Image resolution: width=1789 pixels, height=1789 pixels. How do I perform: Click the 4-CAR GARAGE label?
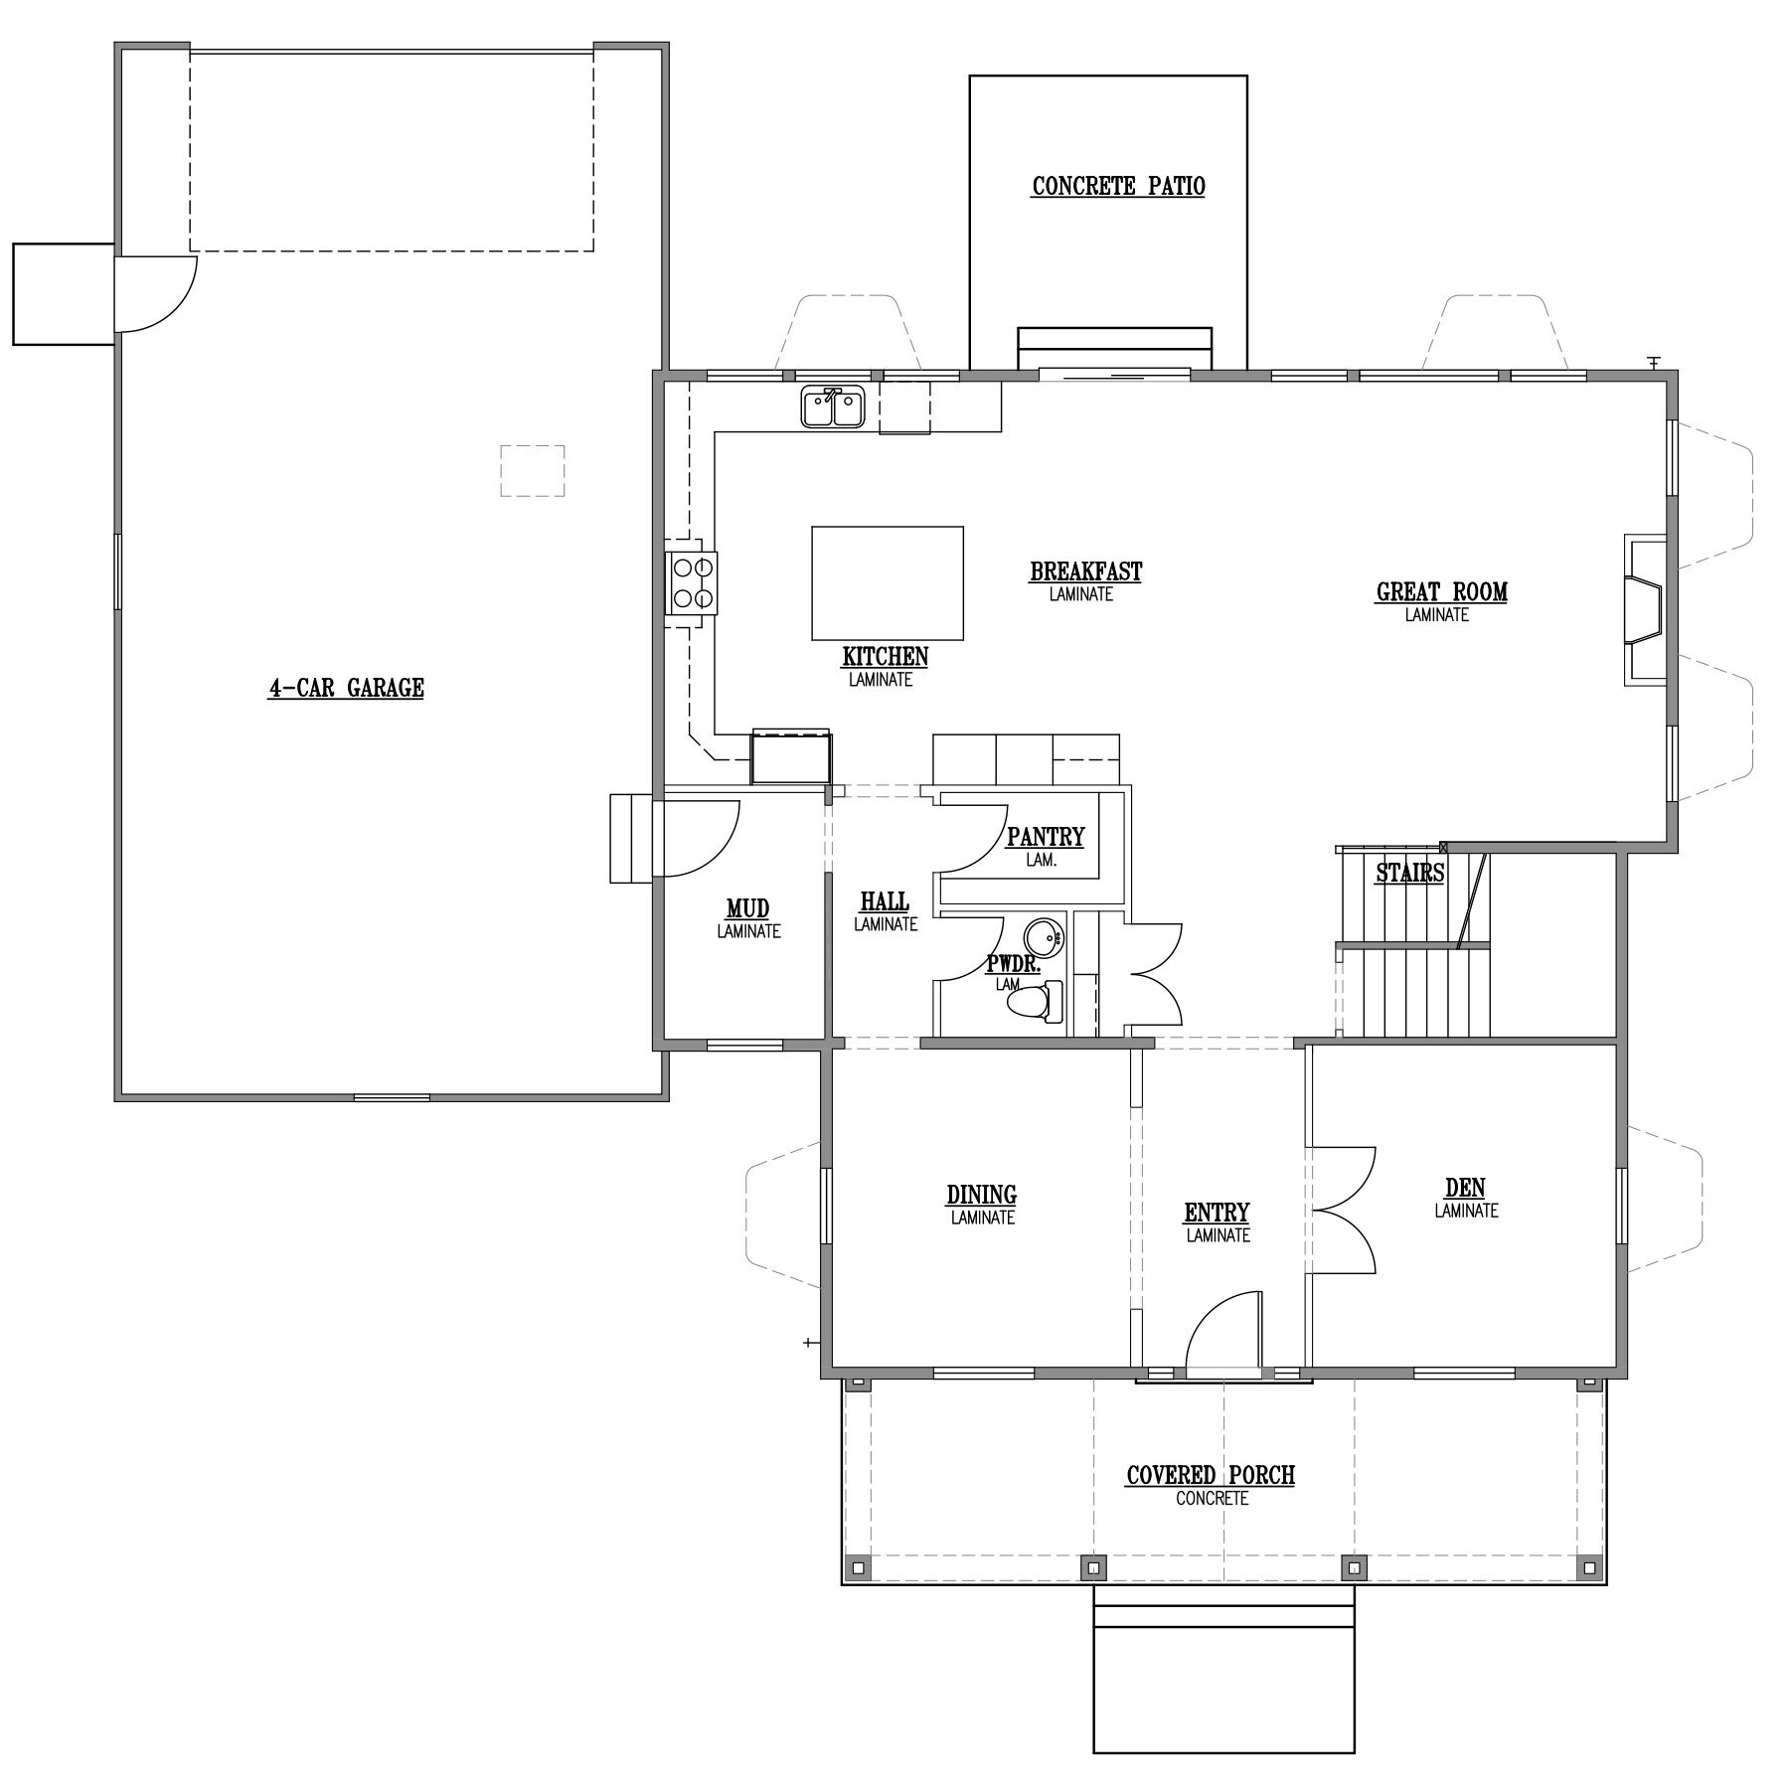pos(346,688)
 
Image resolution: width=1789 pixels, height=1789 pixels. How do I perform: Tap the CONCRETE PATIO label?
pos(1118,186)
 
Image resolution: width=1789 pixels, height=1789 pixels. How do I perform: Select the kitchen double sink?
pos(834,407)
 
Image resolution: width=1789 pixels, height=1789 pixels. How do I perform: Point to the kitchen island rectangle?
pos(888,583)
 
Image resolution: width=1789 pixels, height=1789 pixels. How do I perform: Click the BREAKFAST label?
pos(1085,571)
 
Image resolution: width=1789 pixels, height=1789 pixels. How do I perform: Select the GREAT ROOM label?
pos(1441,592)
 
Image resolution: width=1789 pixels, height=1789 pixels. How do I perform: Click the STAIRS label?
pos(1409,874)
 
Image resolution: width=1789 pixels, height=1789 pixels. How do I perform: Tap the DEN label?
pos(1465,1188)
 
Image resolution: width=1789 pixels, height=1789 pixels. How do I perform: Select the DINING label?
pos(981,1194)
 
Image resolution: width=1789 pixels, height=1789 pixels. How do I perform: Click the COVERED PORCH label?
pos(1211,1475)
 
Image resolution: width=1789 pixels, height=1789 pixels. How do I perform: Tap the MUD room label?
pos(747,908)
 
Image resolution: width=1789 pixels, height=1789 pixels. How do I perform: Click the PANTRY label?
pos(1046,837)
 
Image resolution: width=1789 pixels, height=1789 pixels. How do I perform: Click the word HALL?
pos(885,900)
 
